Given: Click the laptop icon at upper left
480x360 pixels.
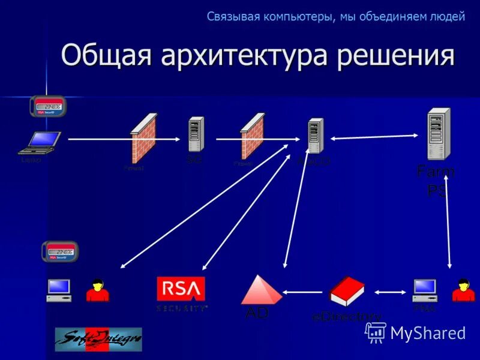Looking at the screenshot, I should point(39,143).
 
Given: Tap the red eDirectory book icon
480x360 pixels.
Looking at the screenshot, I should point(346,291).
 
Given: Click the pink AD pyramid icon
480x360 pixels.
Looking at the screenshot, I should point(261,290).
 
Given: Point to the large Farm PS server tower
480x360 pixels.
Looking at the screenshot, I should point(438,133).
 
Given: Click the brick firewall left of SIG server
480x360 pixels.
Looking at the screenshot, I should point(143,138).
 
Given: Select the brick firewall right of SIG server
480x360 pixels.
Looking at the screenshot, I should point(252,136).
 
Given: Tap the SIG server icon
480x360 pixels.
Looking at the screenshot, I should point(196,133).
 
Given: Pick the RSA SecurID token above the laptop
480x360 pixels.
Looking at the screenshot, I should point(48,107).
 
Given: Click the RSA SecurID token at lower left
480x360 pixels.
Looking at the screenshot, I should point(60,251).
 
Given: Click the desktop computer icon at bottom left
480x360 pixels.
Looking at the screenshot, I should point(59,290).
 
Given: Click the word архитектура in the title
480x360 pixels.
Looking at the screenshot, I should point(245,56).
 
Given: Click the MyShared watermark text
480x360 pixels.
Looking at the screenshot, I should point(427,333).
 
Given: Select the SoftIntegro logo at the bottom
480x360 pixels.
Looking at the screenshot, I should point(98,339).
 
